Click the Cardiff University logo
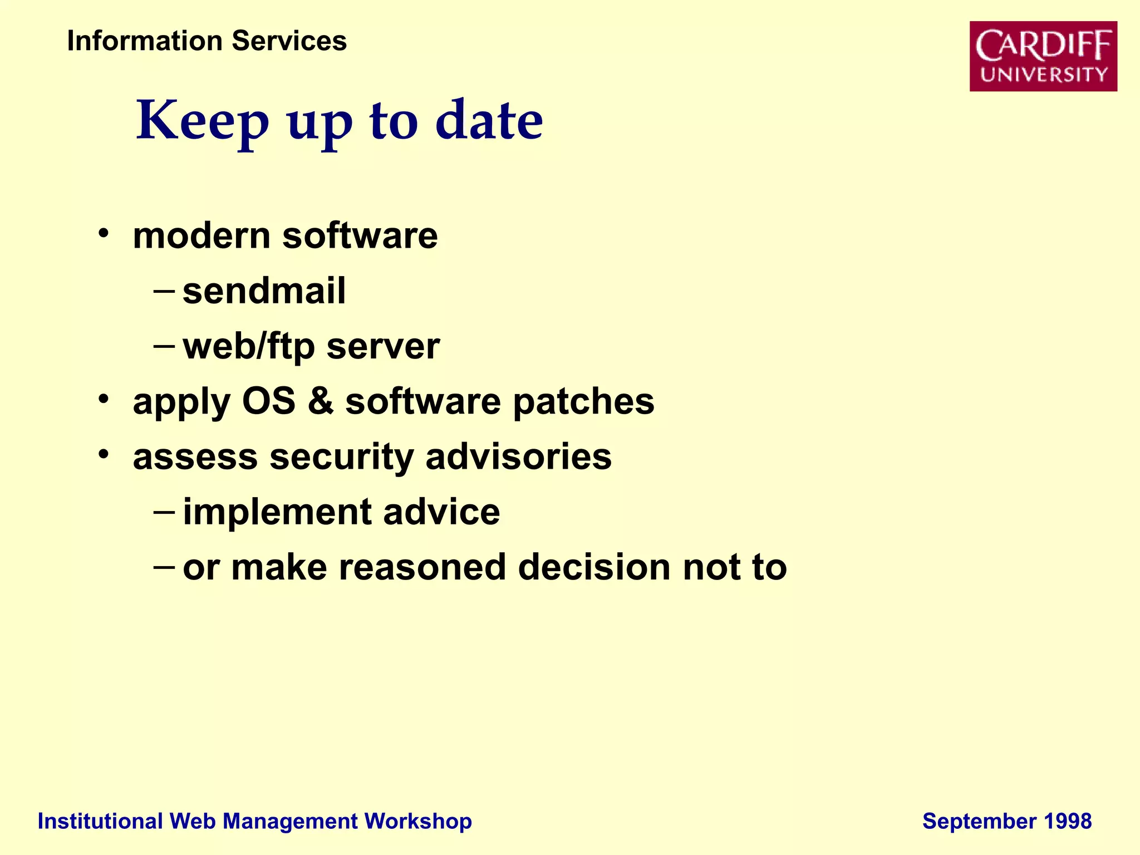pos(1043,56)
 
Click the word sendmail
pos(264,291)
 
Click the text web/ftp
pos(249,347)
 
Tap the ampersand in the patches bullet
pos(321,401)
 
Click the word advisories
pos(518,456)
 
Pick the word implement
pos(277,512)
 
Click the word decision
pos(594,567)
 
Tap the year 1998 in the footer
pos(1068,822)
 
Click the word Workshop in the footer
pos(418,822)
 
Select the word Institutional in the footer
pos(100,822)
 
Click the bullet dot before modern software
pos(103,233)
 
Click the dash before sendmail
pos(164,291)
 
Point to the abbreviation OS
pos(268,401)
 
